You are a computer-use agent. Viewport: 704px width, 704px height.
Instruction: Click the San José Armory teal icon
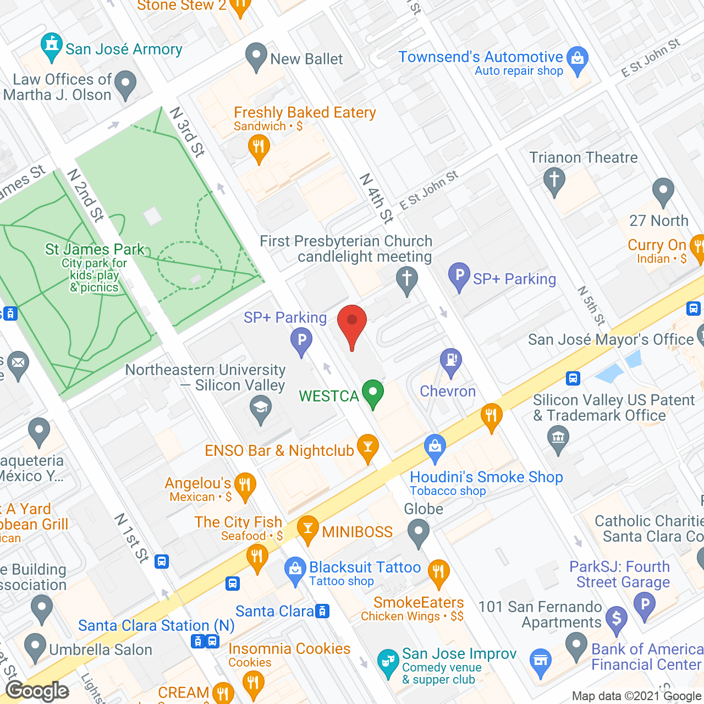pos(52,47)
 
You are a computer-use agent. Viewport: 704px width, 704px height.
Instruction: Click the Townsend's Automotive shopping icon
pos(577,59)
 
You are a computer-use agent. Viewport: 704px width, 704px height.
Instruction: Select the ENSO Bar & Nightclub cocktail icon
pos(368,448)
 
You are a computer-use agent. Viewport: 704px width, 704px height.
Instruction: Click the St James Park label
pos(95,250)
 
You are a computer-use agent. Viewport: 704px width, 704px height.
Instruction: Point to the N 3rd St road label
pos(188,131)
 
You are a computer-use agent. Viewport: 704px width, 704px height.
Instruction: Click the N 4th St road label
pos(377,198)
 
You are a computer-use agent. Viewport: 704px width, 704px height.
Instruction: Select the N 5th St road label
pos(592,306)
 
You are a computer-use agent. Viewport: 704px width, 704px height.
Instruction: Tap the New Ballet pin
pos(256,56)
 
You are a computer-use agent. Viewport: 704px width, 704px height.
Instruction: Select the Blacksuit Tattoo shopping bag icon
pos(295,570)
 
